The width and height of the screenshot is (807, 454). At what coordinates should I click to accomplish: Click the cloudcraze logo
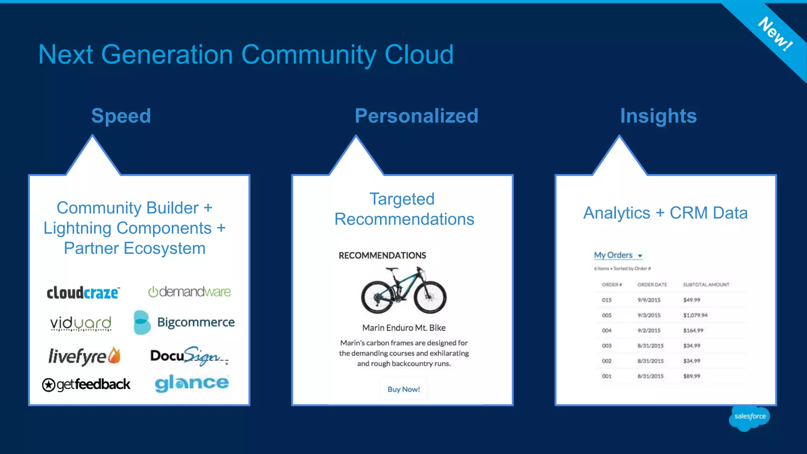pyautogui.click(x=83, y=292)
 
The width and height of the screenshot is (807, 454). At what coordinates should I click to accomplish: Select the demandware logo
pyautogui.click(x=190, y=292)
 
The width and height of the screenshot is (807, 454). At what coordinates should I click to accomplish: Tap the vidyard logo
pyautogui.click(x=81, y=323)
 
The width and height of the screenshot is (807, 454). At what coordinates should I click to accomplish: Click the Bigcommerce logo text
pyautogui.click(x=196, y=322)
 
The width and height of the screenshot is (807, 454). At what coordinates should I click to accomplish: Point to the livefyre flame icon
pyautogui.click(x=114, y=355)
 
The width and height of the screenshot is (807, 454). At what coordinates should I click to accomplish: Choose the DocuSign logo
pyautogui.click(x=189, y=356)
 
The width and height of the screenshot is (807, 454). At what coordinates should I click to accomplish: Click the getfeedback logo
pyautogui.click(x=86, y=384)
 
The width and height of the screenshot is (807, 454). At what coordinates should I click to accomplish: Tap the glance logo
pyautogui.click(x=192, y=383)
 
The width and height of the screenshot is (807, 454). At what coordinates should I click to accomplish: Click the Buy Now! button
pyautogui.click(x=403, y=389)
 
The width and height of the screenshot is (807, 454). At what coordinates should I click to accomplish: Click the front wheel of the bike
pyautogui.click(x=430, y=297)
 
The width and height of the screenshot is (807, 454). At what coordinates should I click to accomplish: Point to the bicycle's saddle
pyautogui.click(x=392, y=270)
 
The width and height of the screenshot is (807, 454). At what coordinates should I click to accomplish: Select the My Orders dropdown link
pyautogui.click(x=617, y=255)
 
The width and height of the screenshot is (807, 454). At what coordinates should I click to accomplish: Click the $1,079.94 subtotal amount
pyautogui.click(x=695, y=315)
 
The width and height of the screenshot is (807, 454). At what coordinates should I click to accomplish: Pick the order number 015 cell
pyautogui.click(x=606, y=300)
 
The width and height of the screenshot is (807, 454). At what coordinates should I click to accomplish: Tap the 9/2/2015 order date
pyautogui.click(x=649, y=331)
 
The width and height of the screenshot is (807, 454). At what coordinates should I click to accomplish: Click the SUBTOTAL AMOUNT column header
pyautogui.click(x=706, y=285)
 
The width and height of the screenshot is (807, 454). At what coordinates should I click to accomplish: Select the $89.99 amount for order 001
pyautogui.click(x=692, y=376)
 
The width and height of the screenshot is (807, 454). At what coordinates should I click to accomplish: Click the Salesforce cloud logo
pyautogui.click(x=749, y=417)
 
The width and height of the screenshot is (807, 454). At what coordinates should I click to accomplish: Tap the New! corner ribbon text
pyautogui.click(x=775, y=34)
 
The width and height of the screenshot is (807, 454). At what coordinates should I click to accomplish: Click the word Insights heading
pyautogui.click(x=658, y=116)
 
